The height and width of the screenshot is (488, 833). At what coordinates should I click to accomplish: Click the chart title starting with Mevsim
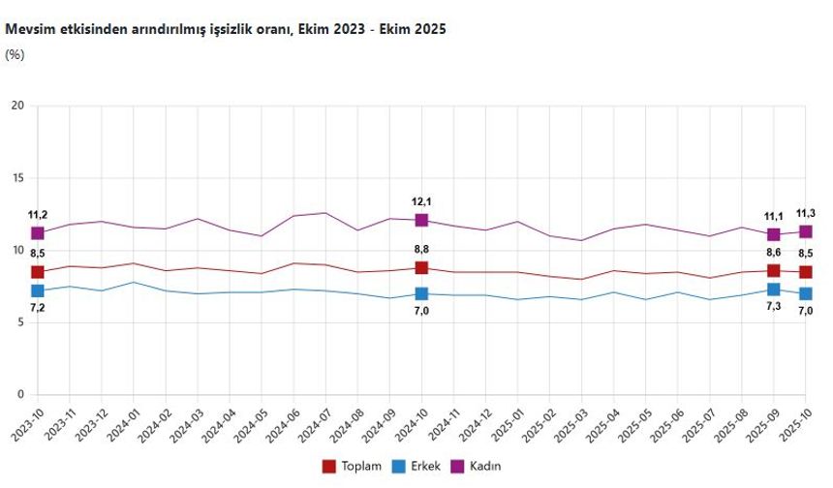pyautogui.click(x=225, y=30)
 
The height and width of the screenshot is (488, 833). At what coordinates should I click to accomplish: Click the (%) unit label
pyautogui.click(x=15, y=54)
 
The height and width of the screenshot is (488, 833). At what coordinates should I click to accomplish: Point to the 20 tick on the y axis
pyautogui.click(x=16, y=106)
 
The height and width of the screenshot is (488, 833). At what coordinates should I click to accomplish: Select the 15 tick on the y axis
pyautogui.click(x=16, y=178)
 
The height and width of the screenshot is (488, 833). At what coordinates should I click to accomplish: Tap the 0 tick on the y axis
pyautogui.click(x=20, y=395)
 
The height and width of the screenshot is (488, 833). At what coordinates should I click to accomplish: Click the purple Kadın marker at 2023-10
pyautogui.click(x=38, y=233)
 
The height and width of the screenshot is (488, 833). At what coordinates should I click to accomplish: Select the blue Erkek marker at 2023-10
pyautogui.click(x=38, y=290)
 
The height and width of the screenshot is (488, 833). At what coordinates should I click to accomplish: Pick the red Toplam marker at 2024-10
pyautogui.click(x=421, y=268)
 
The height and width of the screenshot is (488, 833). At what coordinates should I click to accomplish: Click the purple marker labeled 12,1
pyautogui.click(x=421, y=220)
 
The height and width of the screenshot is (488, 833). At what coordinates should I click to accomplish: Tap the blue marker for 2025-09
pyautogui.click(x=773, y=290)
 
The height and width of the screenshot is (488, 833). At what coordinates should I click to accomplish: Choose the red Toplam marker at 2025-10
pyautogui.click(x=805, y=272)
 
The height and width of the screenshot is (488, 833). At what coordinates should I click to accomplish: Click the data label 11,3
pyautogui.click(x=805, y=214)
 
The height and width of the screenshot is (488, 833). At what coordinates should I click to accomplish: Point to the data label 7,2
pyautogui.click(x=38, y=308)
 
